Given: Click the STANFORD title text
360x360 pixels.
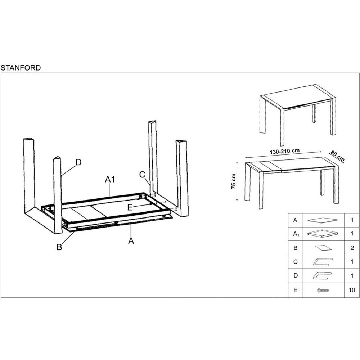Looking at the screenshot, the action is coord(21,68).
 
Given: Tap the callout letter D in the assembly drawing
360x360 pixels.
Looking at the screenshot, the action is coord(78,162).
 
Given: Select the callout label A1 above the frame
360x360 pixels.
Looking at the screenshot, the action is coord(110,180).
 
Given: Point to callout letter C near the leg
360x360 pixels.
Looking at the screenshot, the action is coord(142,175).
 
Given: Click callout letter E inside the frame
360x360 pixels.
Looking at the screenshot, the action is coord(130,207).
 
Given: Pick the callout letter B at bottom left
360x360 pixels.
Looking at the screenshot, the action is coord(59,247).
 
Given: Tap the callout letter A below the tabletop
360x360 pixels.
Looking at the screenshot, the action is coord(131,241).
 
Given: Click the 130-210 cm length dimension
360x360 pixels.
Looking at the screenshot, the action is coord(285,152).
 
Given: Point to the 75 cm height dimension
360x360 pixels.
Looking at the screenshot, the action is coord(234,181).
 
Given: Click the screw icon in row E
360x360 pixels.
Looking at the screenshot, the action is coord(323,291).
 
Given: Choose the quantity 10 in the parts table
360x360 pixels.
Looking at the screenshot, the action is coord(352,290).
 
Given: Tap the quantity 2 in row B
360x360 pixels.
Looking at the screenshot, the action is coord(352,248).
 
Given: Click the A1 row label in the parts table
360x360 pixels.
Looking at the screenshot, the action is coord(296,234).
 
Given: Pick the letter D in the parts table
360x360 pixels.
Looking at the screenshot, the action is coord(296,275).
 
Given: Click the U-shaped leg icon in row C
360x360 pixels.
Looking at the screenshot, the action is coord(322,262).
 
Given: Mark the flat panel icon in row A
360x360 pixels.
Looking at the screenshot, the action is coord(323,220).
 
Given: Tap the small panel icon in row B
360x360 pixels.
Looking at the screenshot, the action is coord(323,248).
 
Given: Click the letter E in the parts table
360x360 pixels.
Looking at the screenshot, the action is coord(295,290).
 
